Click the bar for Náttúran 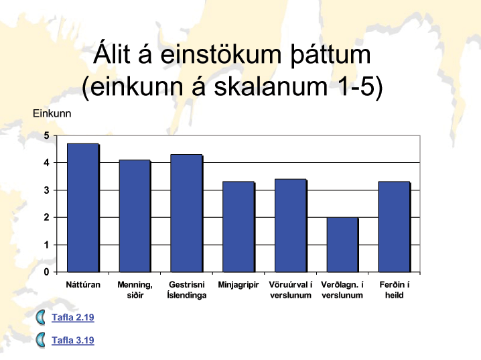[x=83, y=208]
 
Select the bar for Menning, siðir [x=135, y=216]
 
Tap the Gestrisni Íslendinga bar [x=186, y=213]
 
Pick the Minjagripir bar [x=238, y=227]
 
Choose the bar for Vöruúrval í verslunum [x=291, y=225]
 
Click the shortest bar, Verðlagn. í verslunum [x=342, y=245]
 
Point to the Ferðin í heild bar [x=394, y=227]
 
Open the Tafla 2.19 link [x=73, y=317]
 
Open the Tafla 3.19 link [x=73, y=341]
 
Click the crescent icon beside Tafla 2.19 [x=40, y=317]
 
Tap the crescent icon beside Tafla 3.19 [x=40, y=340]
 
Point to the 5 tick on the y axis [x=47, y=135]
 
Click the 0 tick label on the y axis [x=47, y=272]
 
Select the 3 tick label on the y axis [x=47, y=190]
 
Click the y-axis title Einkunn [x=52, y=113]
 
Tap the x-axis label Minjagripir [x=238, y=285]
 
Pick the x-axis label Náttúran [x=83, y=285]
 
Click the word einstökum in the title [x=220, y=54]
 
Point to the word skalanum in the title [x=271, y=86]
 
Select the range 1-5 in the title [x=356, y=86]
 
